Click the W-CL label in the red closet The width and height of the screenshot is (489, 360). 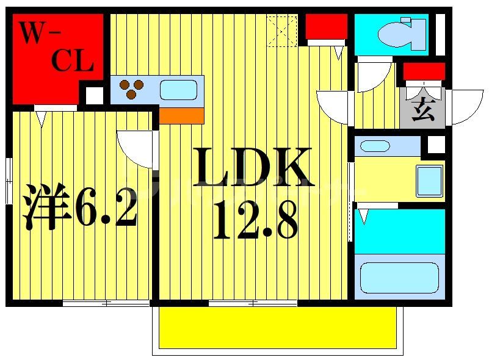[57, 46]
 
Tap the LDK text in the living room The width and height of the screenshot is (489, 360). [252, 167]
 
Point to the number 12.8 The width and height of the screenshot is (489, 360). [255, 220]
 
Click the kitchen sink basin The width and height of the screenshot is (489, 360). [178, 90]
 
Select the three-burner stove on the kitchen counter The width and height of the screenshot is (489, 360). [131, 88]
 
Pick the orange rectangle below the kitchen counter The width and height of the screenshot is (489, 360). [181, 116]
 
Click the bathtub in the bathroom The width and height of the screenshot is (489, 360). [399, 278]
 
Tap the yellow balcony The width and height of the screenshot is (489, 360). [278, 328]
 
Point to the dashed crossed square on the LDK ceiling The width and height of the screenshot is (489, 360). [282, 32]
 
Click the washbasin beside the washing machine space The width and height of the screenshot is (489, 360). [375, 146]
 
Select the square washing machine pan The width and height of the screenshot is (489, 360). [429, 181]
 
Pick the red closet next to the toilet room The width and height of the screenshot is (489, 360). [326, 26]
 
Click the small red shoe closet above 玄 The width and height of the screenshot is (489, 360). [424, 71]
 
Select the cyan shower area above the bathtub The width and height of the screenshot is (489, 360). [399, 231]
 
